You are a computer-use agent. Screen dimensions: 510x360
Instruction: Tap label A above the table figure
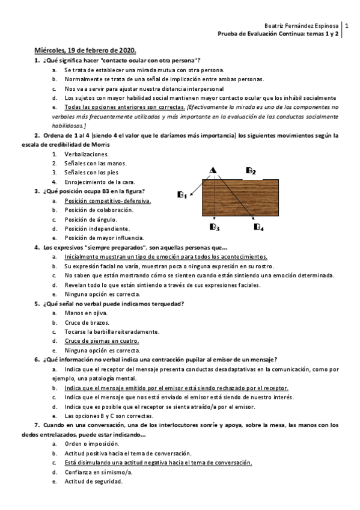coord(212,171)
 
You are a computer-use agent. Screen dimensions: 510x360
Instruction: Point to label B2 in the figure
coord(251,171)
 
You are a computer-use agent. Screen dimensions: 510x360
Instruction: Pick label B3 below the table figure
coord(215,227)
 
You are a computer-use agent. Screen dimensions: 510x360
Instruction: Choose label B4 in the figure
coord(259,227)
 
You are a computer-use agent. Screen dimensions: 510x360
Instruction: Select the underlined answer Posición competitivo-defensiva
coord(108,201)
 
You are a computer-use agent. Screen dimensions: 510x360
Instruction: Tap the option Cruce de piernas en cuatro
coord(102,340)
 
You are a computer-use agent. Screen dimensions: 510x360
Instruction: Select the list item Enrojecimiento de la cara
coord(100,182)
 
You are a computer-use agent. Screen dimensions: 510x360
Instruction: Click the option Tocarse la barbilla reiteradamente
coord(112,331)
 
